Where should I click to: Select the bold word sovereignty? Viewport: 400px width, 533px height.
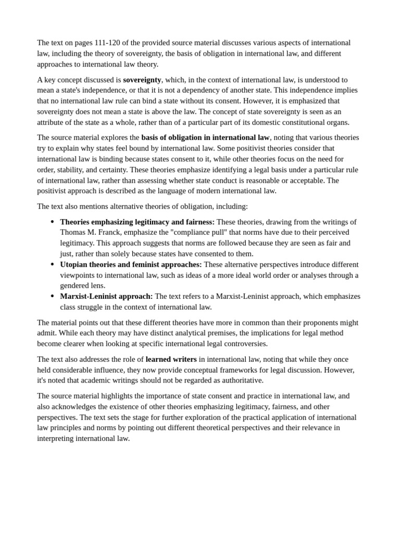point(142,80)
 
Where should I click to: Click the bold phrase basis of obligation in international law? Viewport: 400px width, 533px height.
point(205,137)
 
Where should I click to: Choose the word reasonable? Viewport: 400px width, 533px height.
point(273,180)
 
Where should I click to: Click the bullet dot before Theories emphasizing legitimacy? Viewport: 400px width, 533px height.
point(52,222)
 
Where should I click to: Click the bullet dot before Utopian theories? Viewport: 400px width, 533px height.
point(52,265)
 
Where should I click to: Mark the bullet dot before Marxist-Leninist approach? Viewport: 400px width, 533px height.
point(52,297)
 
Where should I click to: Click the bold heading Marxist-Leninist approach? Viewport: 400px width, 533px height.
point(106,296)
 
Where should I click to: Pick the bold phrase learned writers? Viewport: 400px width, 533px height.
point(171,359)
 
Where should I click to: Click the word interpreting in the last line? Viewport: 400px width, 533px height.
point(56,438)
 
